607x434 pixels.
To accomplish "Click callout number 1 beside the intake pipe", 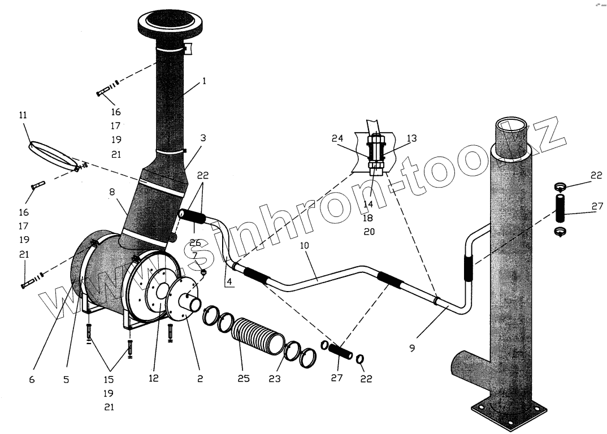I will (204, 81).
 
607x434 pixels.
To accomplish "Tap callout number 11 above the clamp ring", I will (23, 115).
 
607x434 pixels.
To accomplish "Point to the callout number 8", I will (113, 193).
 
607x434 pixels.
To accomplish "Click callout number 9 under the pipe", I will (412, 349).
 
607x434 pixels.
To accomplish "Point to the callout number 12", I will (154, 379).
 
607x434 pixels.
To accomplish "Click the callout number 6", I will (32, 380).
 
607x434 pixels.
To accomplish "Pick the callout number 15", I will (109, 379).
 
